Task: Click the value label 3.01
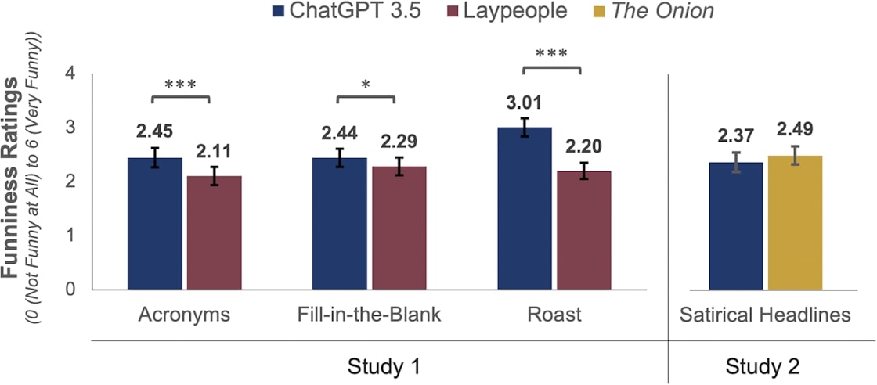(x=524, y=103)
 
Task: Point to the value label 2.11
(x=214, y=151)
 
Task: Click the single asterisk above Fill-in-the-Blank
(x=366, y=83)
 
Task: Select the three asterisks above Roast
(x=551, y=55)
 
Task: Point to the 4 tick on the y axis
(x=73, y=73)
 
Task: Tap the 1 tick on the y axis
(x=73, y=236)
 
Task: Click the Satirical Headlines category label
(x=765, y=315)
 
